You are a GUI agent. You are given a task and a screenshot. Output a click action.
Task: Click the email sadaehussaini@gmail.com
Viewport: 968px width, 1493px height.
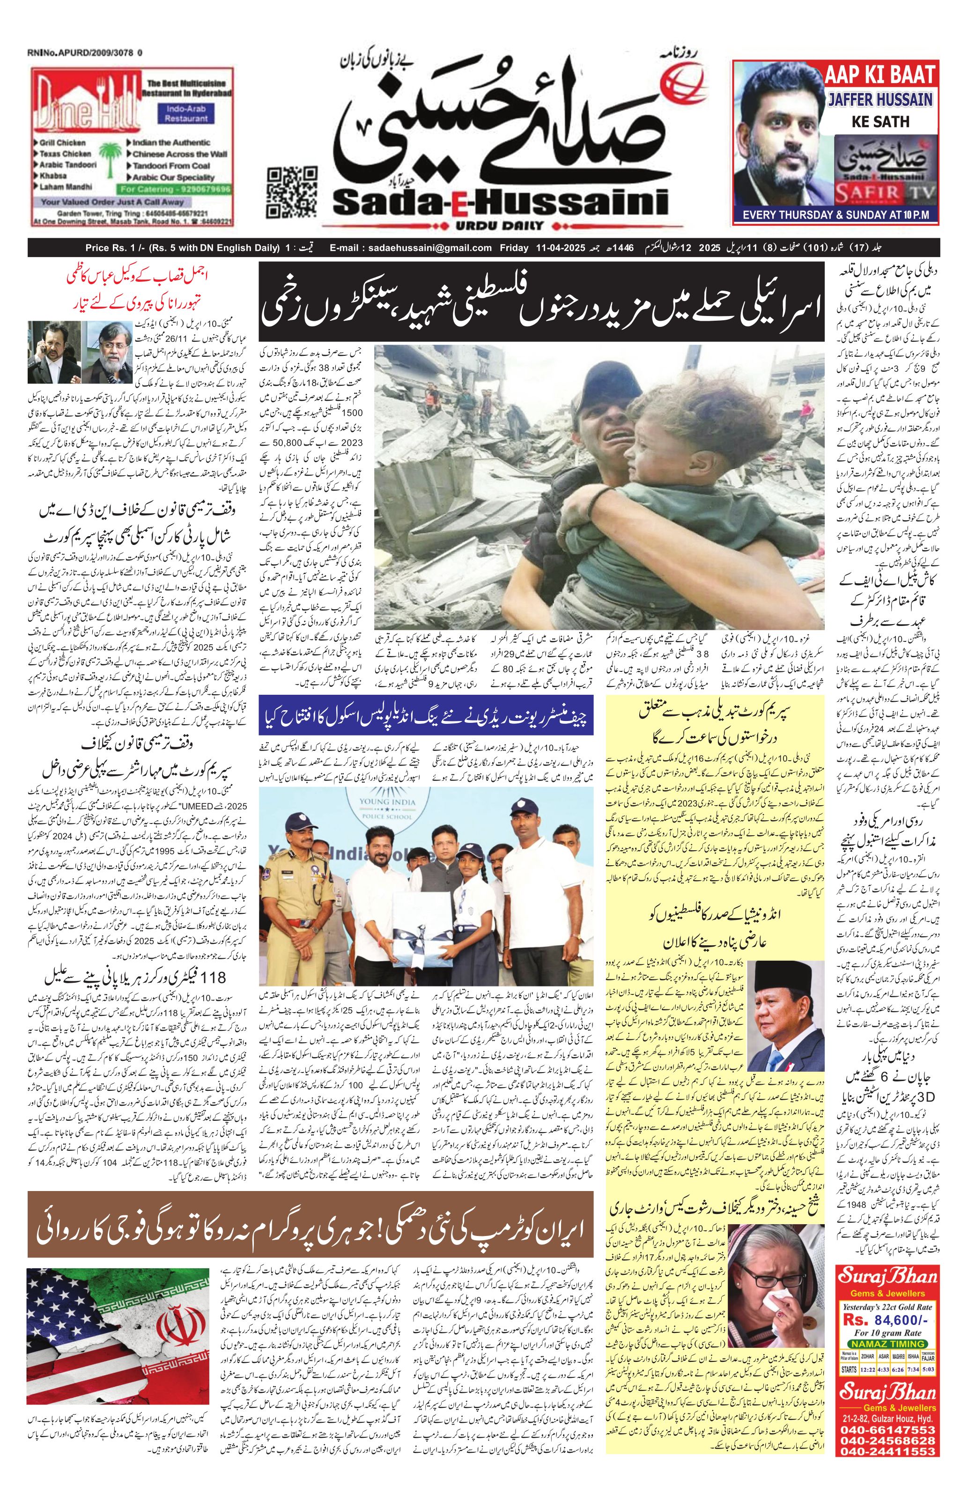click(410, 248)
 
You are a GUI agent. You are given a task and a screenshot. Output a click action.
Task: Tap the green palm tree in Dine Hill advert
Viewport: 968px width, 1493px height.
click(111, 157)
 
